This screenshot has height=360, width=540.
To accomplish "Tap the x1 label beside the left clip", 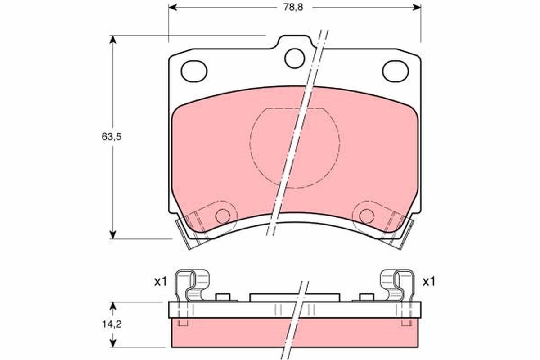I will [x=160, y=282].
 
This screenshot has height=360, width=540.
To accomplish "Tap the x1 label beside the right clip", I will [x=428, y=282].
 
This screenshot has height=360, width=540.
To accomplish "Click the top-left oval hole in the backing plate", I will [x=193, y=71].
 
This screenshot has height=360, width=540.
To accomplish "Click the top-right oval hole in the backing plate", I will [x=395, y=71].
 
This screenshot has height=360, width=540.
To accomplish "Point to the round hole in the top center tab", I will [x=295, y=58].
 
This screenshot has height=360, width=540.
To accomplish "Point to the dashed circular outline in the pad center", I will [x=295, y=148].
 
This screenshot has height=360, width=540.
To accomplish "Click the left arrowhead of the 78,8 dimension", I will [x=172, y=8].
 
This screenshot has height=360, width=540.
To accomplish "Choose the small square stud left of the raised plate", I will [x=223, y=297].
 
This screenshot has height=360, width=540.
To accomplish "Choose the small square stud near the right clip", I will [x=367, y=297].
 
